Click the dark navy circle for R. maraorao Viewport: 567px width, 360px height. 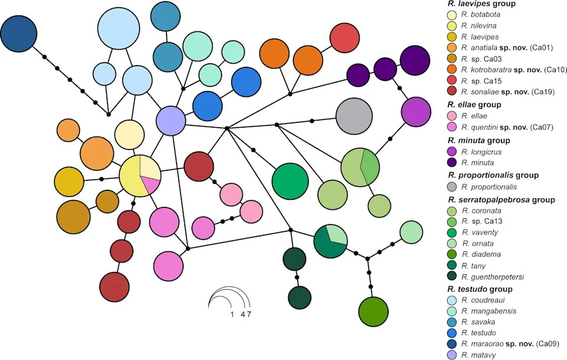point(18,34)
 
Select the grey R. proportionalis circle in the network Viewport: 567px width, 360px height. point(354,116)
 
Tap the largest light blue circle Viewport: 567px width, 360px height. point(119,28)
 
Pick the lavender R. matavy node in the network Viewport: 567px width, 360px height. point(171,121)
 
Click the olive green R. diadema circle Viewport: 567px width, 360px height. point(373,312)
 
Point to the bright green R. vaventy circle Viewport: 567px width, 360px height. point(290,181)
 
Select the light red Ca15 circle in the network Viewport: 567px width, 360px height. point(344,38)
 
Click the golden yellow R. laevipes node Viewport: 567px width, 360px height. point(69,181)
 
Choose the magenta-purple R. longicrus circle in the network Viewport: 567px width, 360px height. point(416,112)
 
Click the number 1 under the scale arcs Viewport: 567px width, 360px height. point(232,314)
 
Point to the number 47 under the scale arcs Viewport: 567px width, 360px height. point(246,314)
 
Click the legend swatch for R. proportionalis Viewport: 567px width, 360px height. point(452,187)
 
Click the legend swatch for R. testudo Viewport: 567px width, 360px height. point(452,332)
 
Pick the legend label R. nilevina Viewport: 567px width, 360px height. point(479,25)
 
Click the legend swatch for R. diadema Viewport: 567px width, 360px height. point(452,254)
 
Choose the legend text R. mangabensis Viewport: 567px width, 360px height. point(489,311)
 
